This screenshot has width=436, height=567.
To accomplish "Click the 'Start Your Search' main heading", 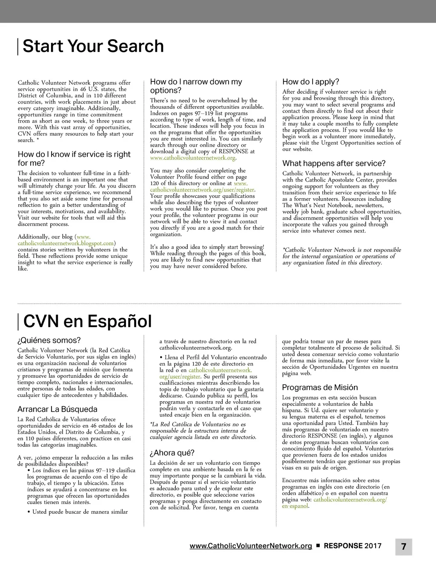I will [x=93, y=46].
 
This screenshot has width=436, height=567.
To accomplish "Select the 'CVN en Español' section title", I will [x=87, y=321].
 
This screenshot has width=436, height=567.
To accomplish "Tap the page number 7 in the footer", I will [x=404, y=547].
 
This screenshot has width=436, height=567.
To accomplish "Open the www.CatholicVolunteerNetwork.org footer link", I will [x=251, y=546].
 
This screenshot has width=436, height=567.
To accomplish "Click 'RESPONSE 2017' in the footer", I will [x=353, y=546].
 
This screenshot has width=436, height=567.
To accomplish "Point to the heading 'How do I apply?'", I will [x=311, y=82].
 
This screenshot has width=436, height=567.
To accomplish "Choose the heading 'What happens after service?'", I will [x=334, y=163].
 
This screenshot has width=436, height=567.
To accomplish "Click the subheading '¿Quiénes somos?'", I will [x=49, y=340].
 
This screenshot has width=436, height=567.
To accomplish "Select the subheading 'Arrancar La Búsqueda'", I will [x=57, y=409].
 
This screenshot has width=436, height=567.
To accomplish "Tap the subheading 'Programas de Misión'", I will [x=320, y=388].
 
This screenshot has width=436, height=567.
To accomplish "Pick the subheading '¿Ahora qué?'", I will [x=172, y=453].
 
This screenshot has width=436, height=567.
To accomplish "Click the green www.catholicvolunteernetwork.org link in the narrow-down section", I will [x=192, y=158].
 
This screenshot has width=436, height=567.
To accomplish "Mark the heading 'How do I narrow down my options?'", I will [x=196, y=86].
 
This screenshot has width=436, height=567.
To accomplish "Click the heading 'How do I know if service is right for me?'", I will [x=74, y=159].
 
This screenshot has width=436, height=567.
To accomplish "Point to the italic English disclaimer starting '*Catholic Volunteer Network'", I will [x=341, y=256].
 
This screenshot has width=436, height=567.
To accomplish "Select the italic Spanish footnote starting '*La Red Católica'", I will [x=203, y=431].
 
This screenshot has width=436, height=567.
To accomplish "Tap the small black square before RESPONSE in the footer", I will [x=318, y=546].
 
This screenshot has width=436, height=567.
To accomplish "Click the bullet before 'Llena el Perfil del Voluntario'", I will [x=161, y=358].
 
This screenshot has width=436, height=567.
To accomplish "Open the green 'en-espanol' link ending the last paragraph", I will [x=295, y=506].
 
